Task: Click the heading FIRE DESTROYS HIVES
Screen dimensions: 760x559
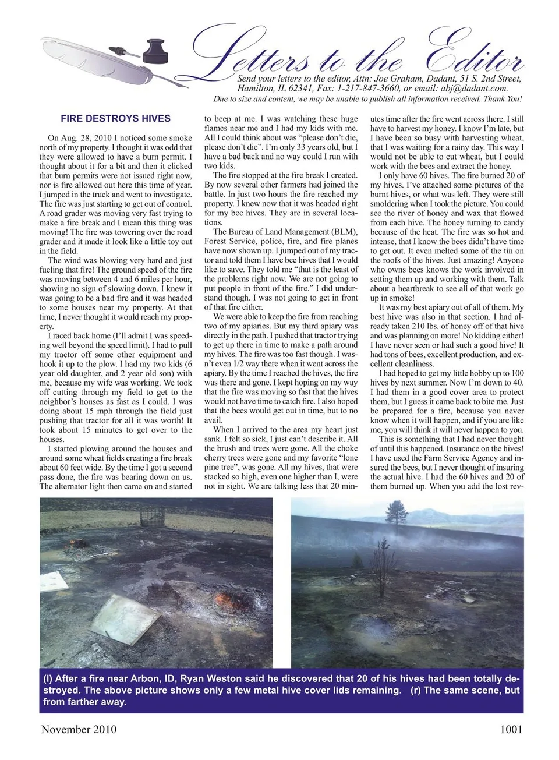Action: [x=115, y=119]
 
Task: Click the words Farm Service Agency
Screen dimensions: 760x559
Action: [x=451, y=458]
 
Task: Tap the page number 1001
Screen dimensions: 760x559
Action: [x=511, y=729]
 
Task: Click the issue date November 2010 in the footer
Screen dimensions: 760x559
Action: [x=79, y=729]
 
